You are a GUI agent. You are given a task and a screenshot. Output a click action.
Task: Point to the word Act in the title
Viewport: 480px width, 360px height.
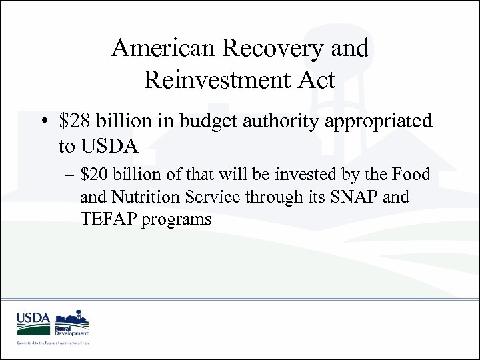point(317,80)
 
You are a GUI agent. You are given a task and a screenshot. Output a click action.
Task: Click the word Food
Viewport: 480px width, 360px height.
point(411,175)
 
